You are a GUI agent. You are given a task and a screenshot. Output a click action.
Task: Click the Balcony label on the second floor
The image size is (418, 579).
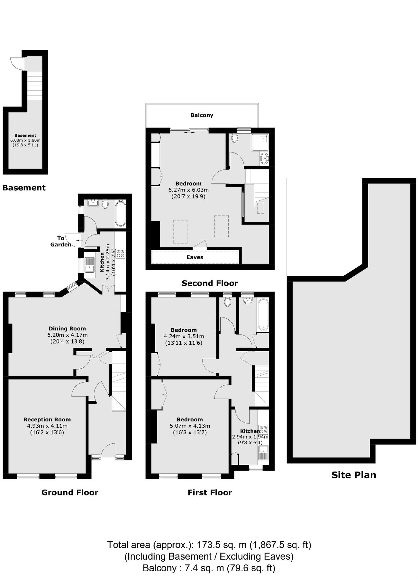[x=202, y=115]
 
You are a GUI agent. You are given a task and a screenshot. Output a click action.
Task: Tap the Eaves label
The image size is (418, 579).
[x=195, y=257]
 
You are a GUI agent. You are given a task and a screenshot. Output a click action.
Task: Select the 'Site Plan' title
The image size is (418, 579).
[x=354, y=475]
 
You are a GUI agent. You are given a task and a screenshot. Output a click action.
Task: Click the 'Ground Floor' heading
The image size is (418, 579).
[x=70, y=492]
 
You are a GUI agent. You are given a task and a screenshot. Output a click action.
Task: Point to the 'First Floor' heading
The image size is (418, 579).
[x=210, y=492]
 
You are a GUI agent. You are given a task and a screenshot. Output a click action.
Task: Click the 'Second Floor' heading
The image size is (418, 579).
[x=210, y=283]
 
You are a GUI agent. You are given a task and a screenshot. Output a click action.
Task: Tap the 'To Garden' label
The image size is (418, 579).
[x=60, y=241]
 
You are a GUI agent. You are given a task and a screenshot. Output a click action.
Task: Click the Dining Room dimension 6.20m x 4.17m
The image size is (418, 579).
[x=67, y=335]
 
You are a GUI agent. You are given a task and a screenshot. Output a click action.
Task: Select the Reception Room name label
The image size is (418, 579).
[x=47, y=419]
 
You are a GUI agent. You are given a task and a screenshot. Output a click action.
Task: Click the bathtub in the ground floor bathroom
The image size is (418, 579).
[x=120, y=213]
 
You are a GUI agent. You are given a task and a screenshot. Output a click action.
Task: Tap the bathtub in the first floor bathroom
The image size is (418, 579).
[x=263, y=315]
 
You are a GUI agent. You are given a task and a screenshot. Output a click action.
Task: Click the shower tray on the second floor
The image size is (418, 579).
[x=260, y=142]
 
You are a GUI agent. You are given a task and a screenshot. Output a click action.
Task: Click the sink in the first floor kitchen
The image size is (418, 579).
[x=263, y=453]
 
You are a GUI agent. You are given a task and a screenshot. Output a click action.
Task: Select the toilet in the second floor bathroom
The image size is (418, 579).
[x=235, y=138]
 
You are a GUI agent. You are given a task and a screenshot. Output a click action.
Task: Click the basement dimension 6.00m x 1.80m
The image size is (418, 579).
[x=25, y=140]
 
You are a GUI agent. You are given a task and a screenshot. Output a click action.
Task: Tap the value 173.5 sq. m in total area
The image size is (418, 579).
[x=222, y=545]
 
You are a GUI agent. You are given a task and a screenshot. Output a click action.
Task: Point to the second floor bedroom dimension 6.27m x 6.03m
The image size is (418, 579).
[x=188, y=190]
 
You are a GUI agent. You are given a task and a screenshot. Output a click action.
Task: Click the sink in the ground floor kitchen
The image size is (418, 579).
[x=89, y=265]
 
